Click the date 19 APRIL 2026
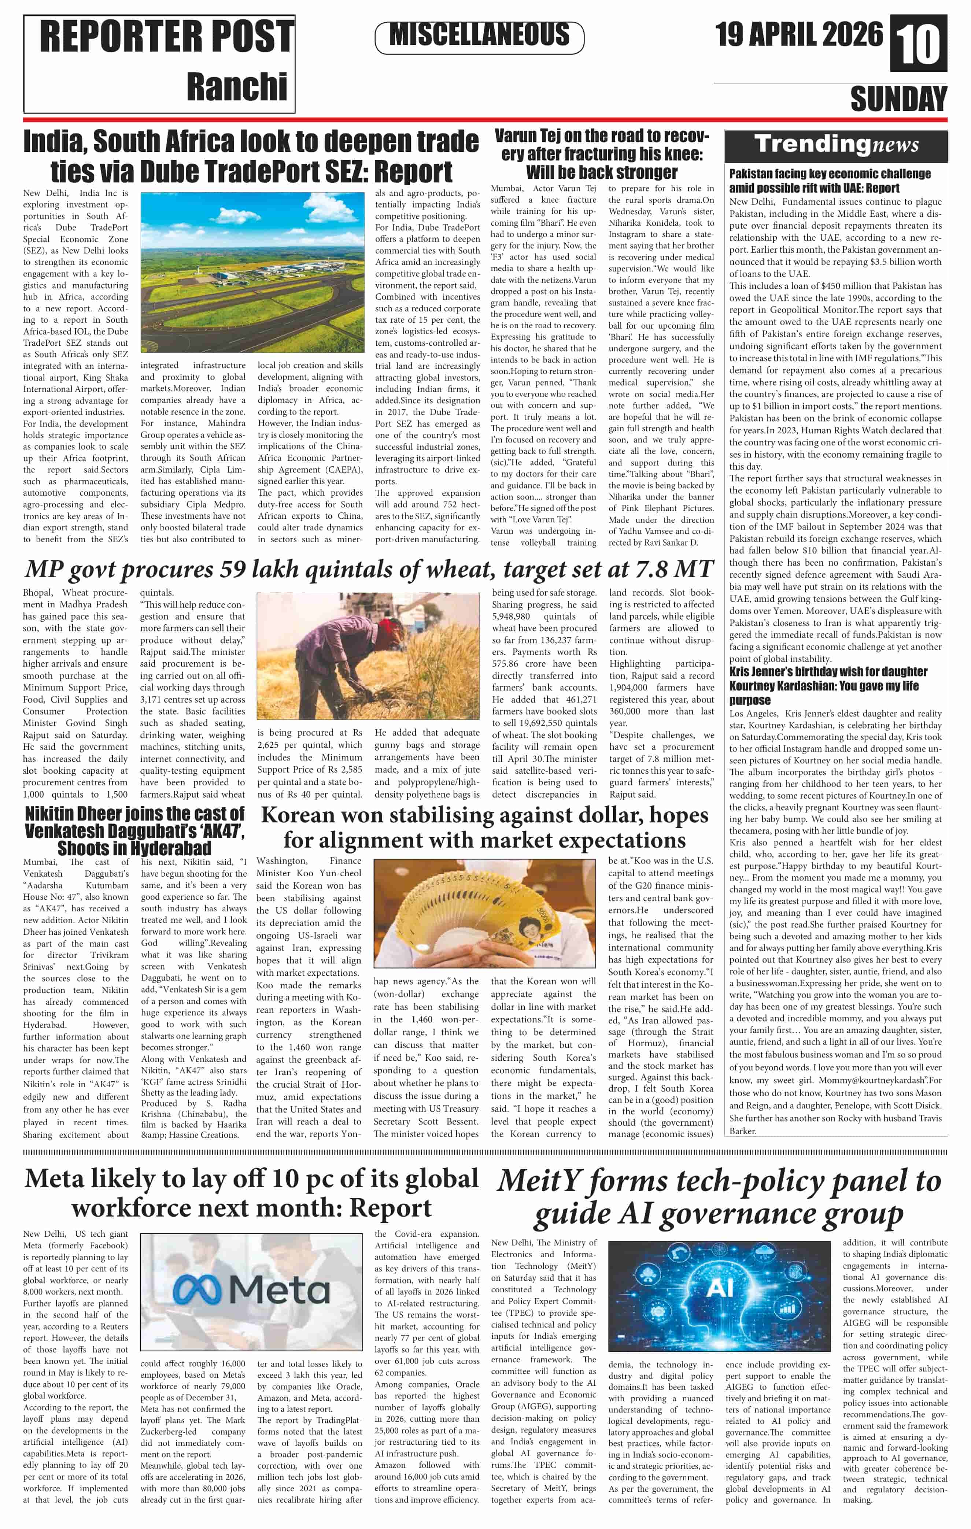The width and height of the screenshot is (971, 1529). (798, 35)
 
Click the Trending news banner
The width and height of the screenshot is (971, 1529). (836, 145)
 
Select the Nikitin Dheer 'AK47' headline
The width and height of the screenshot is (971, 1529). (134, 830)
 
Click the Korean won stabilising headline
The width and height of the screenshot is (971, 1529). (484, 828)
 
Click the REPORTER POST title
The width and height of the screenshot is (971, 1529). (166, 37)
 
